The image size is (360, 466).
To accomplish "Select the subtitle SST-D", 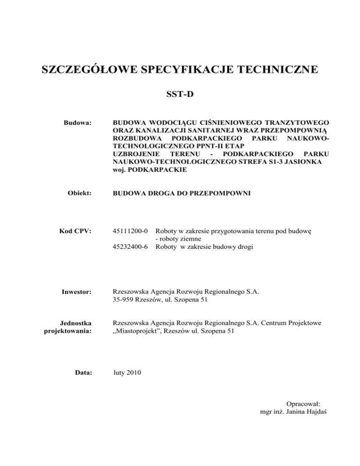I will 180,96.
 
